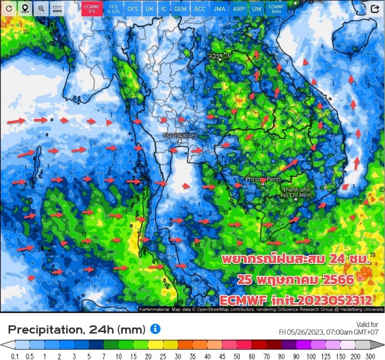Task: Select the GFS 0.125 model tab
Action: click(x=113, y=9)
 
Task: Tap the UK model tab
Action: click(x=150, y=9)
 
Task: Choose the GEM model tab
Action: click(x=180, y=9)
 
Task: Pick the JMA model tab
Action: click(x=219, y=9)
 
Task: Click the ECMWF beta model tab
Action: click(x=276, y=9)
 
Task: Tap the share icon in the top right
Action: click(x=375, y=9)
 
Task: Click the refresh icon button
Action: click(x=9, y=9)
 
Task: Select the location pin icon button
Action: click(x=25, y=9)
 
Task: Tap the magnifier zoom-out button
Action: click(x=41, y=9)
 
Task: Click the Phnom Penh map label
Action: click(x=263, y=179)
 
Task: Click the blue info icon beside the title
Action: click(x=155, y=329)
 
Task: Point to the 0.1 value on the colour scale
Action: click(x=15, y=356)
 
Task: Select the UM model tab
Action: click(x=256, y=9)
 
